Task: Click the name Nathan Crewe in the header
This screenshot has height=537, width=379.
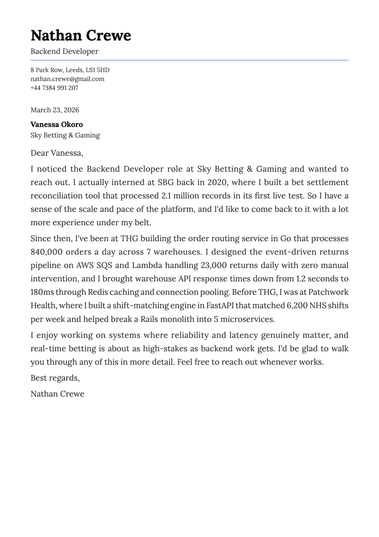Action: (81, 35)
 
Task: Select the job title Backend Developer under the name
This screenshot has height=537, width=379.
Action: (64, 51)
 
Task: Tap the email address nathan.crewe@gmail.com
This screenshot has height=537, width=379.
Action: (67, 79)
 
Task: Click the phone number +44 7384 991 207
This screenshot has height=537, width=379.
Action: (54, 88)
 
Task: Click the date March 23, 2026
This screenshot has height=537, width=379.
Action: (55, 110)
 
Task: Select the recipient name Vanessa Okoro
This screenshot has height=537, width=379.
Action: (57, 124)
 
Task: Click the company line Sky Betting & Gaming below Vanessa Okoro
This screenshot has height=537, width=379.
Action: (65, 135)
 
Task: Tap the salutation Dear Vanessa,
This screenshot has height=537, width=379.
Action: (57, 153)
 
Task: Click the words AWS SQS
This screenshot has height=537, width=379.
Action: (94, 265)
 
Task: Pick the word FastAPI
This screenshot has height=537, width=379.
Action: (220, 306)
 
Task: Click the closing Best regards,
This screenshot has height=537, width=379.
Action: (55, 378)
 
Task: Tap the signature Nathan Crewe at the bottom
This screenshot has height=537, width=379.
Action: (57, 394)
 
